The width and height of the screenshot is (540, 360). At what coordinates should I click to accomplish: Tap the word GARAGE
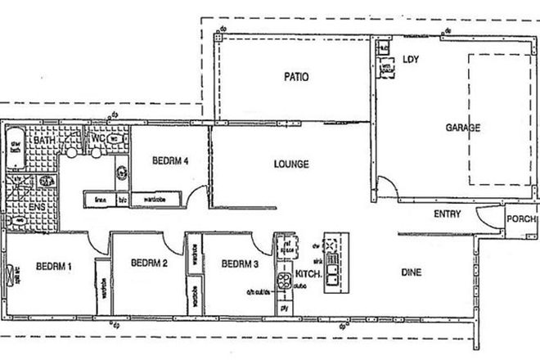(462, 128)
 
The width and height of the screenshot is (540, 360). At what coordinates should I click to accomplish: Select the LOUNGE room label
(291, 164)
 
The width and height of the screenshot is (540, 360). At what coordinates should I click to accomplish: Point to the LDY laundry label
(411, 59)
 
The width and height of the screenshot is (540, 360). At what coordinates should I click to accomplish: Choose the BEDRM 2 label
(148, 263)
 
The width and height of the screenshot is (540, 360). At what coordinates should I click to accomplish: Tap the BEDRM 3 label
(240, 263)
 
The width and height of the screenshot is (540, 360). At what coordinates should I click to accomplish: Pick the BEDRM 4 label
(171, 160)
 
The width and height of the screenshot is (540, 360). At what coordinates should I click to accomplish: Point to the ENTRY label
(445, 215)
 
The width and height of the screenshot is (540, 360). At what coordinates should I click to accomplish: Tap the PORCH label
(522, 219)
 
